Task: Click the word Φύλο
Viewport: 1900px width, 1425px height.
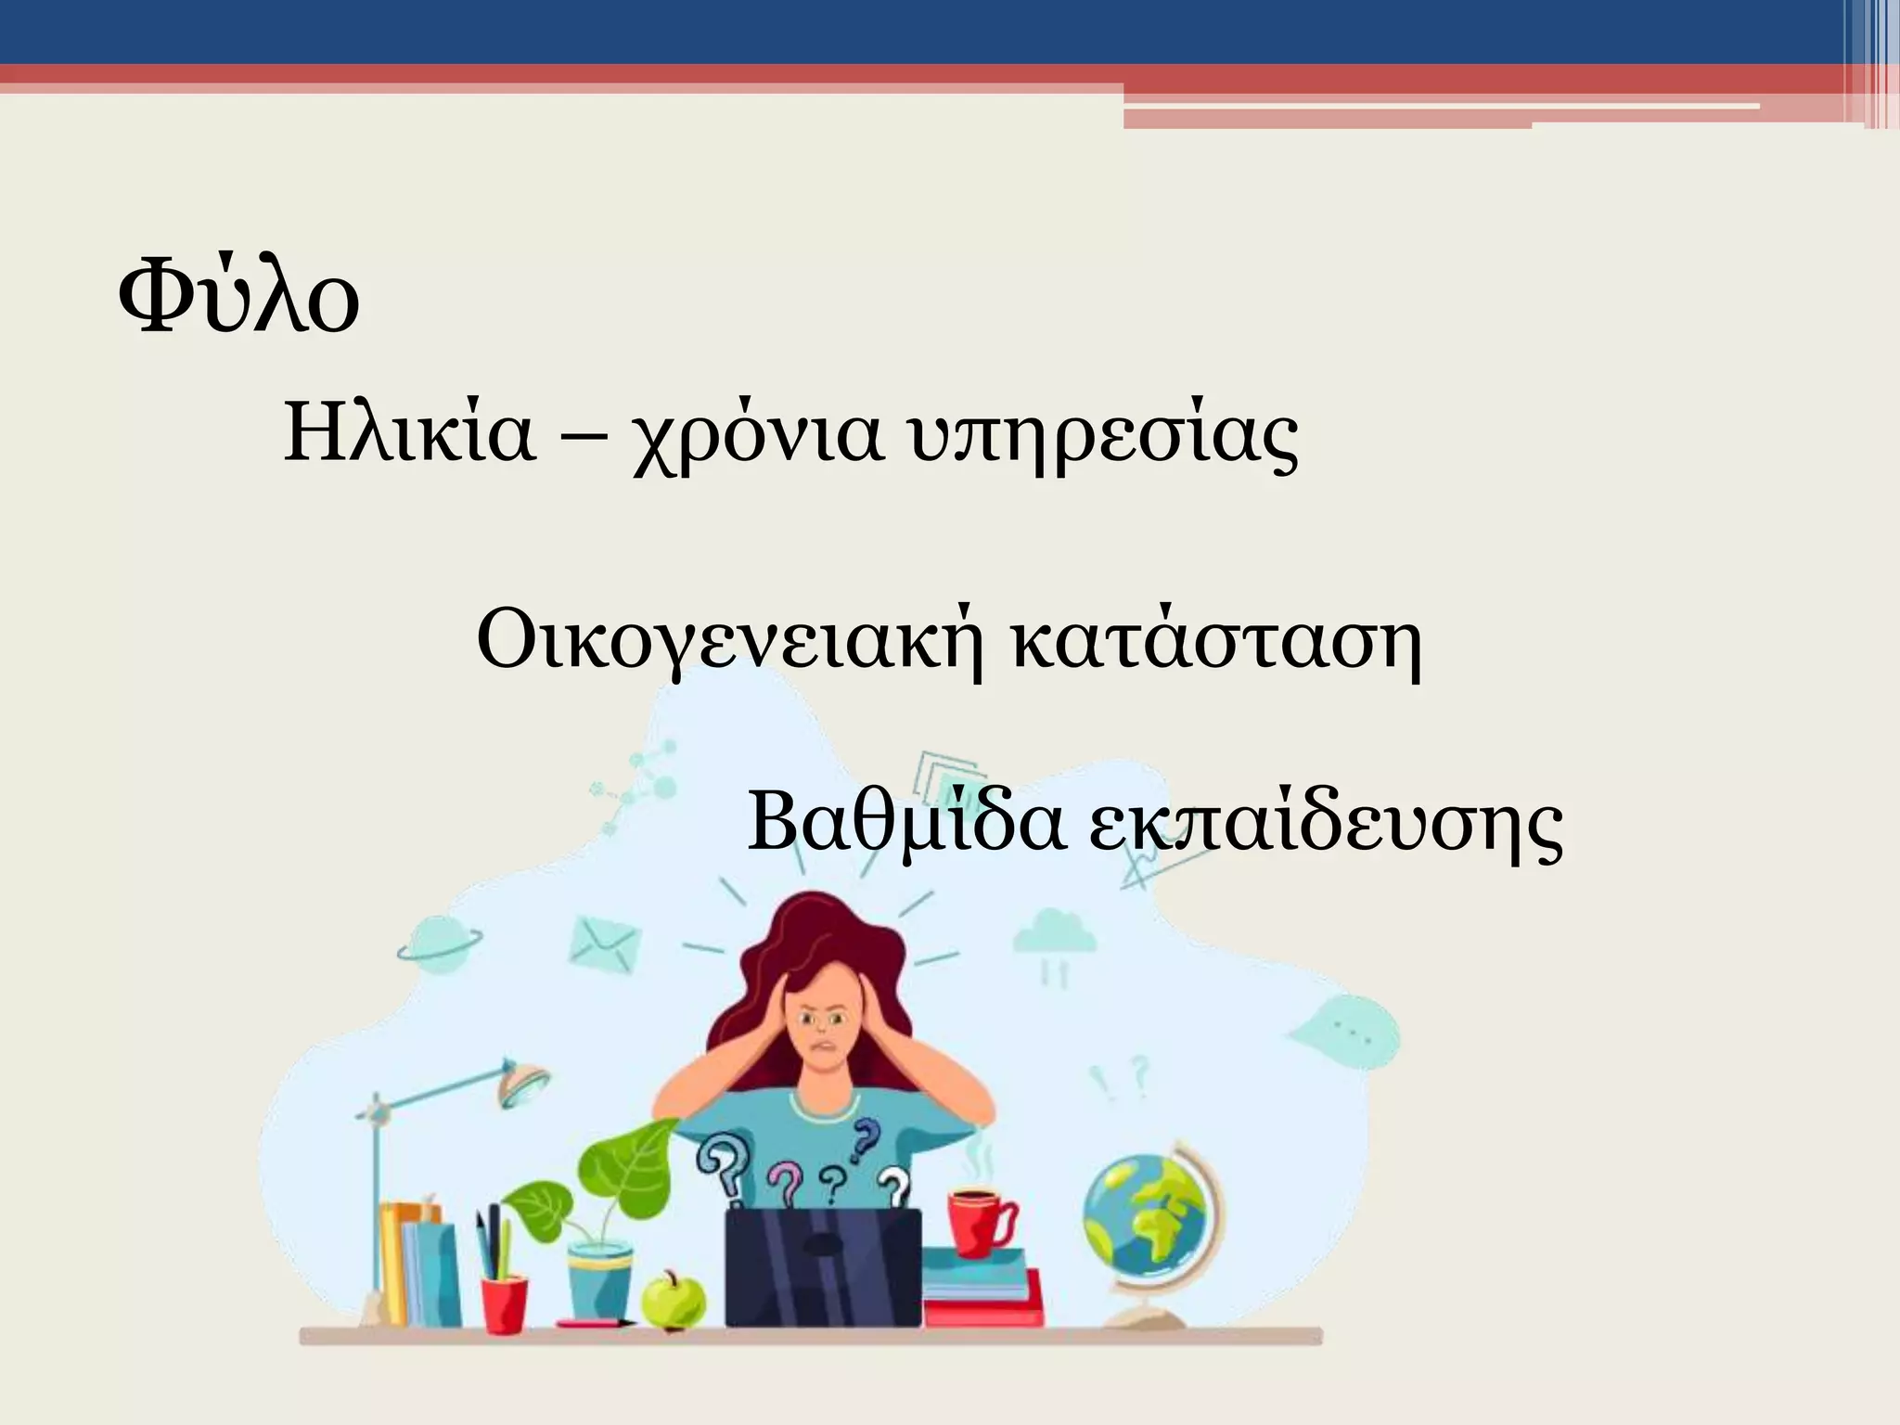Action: [x=238, y=296]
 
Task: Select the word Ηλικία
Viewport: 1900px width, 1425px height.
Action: [x=409, y=432]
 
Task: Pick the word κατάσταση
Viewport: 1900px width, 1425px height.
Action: [x=1215, y=639]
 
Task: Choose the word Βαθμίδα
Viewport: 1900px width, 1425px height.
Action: [x=905, y=821]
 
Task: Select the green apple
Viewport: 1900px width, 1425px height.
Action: [x=674, y=1299]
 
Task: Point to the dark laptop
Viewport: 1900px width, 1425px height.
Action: [x=823, y=1266]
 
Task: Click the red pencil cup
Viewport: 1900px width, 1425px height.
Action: [x=504, y=1303]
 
